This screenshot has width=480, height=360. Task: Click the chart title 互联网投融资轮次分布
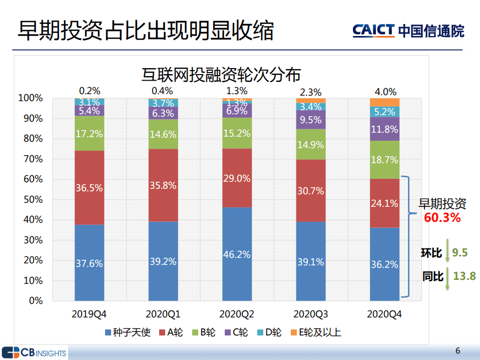pos(221,75)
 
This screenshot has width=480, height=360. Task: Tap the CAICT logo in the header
pos(407,31)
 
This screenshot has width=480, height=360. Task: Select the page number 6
pos(457,350)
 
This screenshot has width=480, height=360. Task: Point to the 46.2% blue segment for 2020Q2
pos(237,254)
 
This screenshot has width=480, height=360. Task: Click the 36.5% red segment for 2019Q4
pos(89,188)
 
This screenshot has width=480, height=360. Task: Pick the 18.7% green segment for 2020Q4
pos(384,160)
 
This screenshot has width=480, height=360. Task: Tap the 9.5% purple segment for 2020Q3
pos(311,120)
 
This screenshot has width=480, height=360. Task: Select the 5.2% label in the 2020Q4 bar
pos(384,112)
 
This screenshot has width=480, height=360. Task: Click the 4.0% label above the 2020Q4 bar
pos(385,92)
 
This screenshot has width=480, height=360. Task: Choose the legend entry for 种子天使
pos(127,332)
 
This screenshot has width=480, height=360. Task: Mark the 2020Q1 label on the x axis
pos(163,314)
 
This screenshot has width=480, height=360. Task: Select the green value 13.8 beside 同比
pos(464,276)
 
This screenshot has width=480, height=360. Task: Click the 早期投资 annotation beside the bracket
pos(442,204)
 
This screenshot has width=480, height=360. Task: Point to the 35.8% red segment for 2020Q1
pos(163,185)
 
